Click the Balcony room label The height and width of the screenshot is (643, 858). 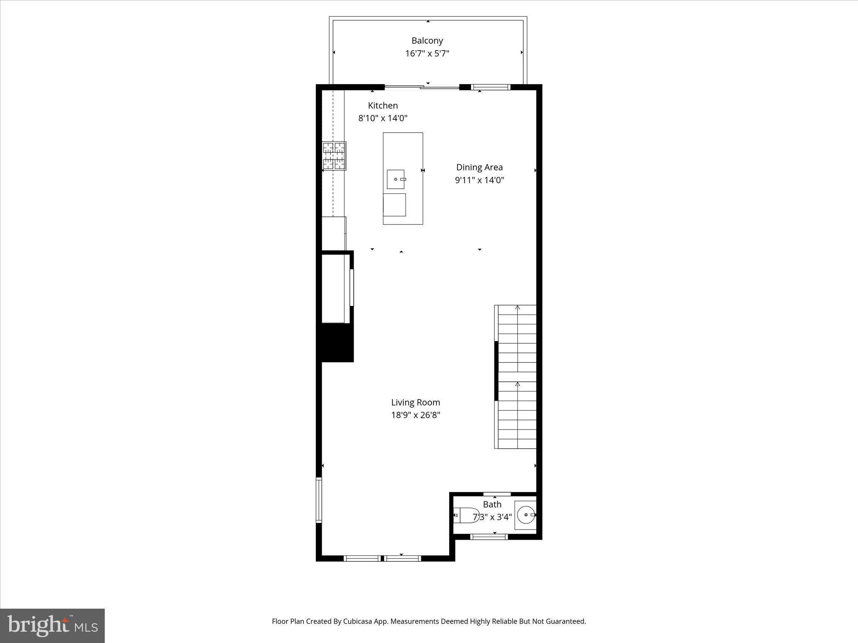427,41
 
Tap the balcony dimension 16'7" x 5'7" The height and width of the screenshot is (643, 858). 427,54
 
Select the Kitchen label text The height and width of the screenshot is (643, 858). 382,105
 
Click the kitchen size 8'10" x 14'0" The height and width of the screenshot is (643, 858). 382,118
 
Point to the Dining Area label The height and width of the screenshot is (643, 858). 479,167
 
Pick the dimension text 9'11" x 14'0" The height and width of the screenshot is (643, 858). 479,180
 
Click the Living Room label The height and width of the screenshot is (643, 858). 415,402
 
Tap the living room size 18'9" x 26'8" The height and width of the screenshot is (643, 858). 415,415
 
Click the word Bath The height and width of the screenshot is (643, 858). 492,504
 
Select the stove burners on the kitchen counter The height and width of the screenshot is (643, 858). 334,156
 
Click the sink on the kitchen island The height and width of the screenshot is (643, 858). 395,179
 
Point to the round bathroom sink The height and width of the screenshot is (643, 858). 526,515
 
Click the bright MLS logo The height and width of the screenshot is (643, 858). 52,625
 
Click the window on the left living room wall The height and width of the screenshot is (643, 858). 319,500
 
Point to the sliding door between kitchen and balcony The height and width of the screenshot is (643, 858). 422,87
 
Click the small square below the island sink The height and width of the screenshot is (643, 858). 394,205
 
